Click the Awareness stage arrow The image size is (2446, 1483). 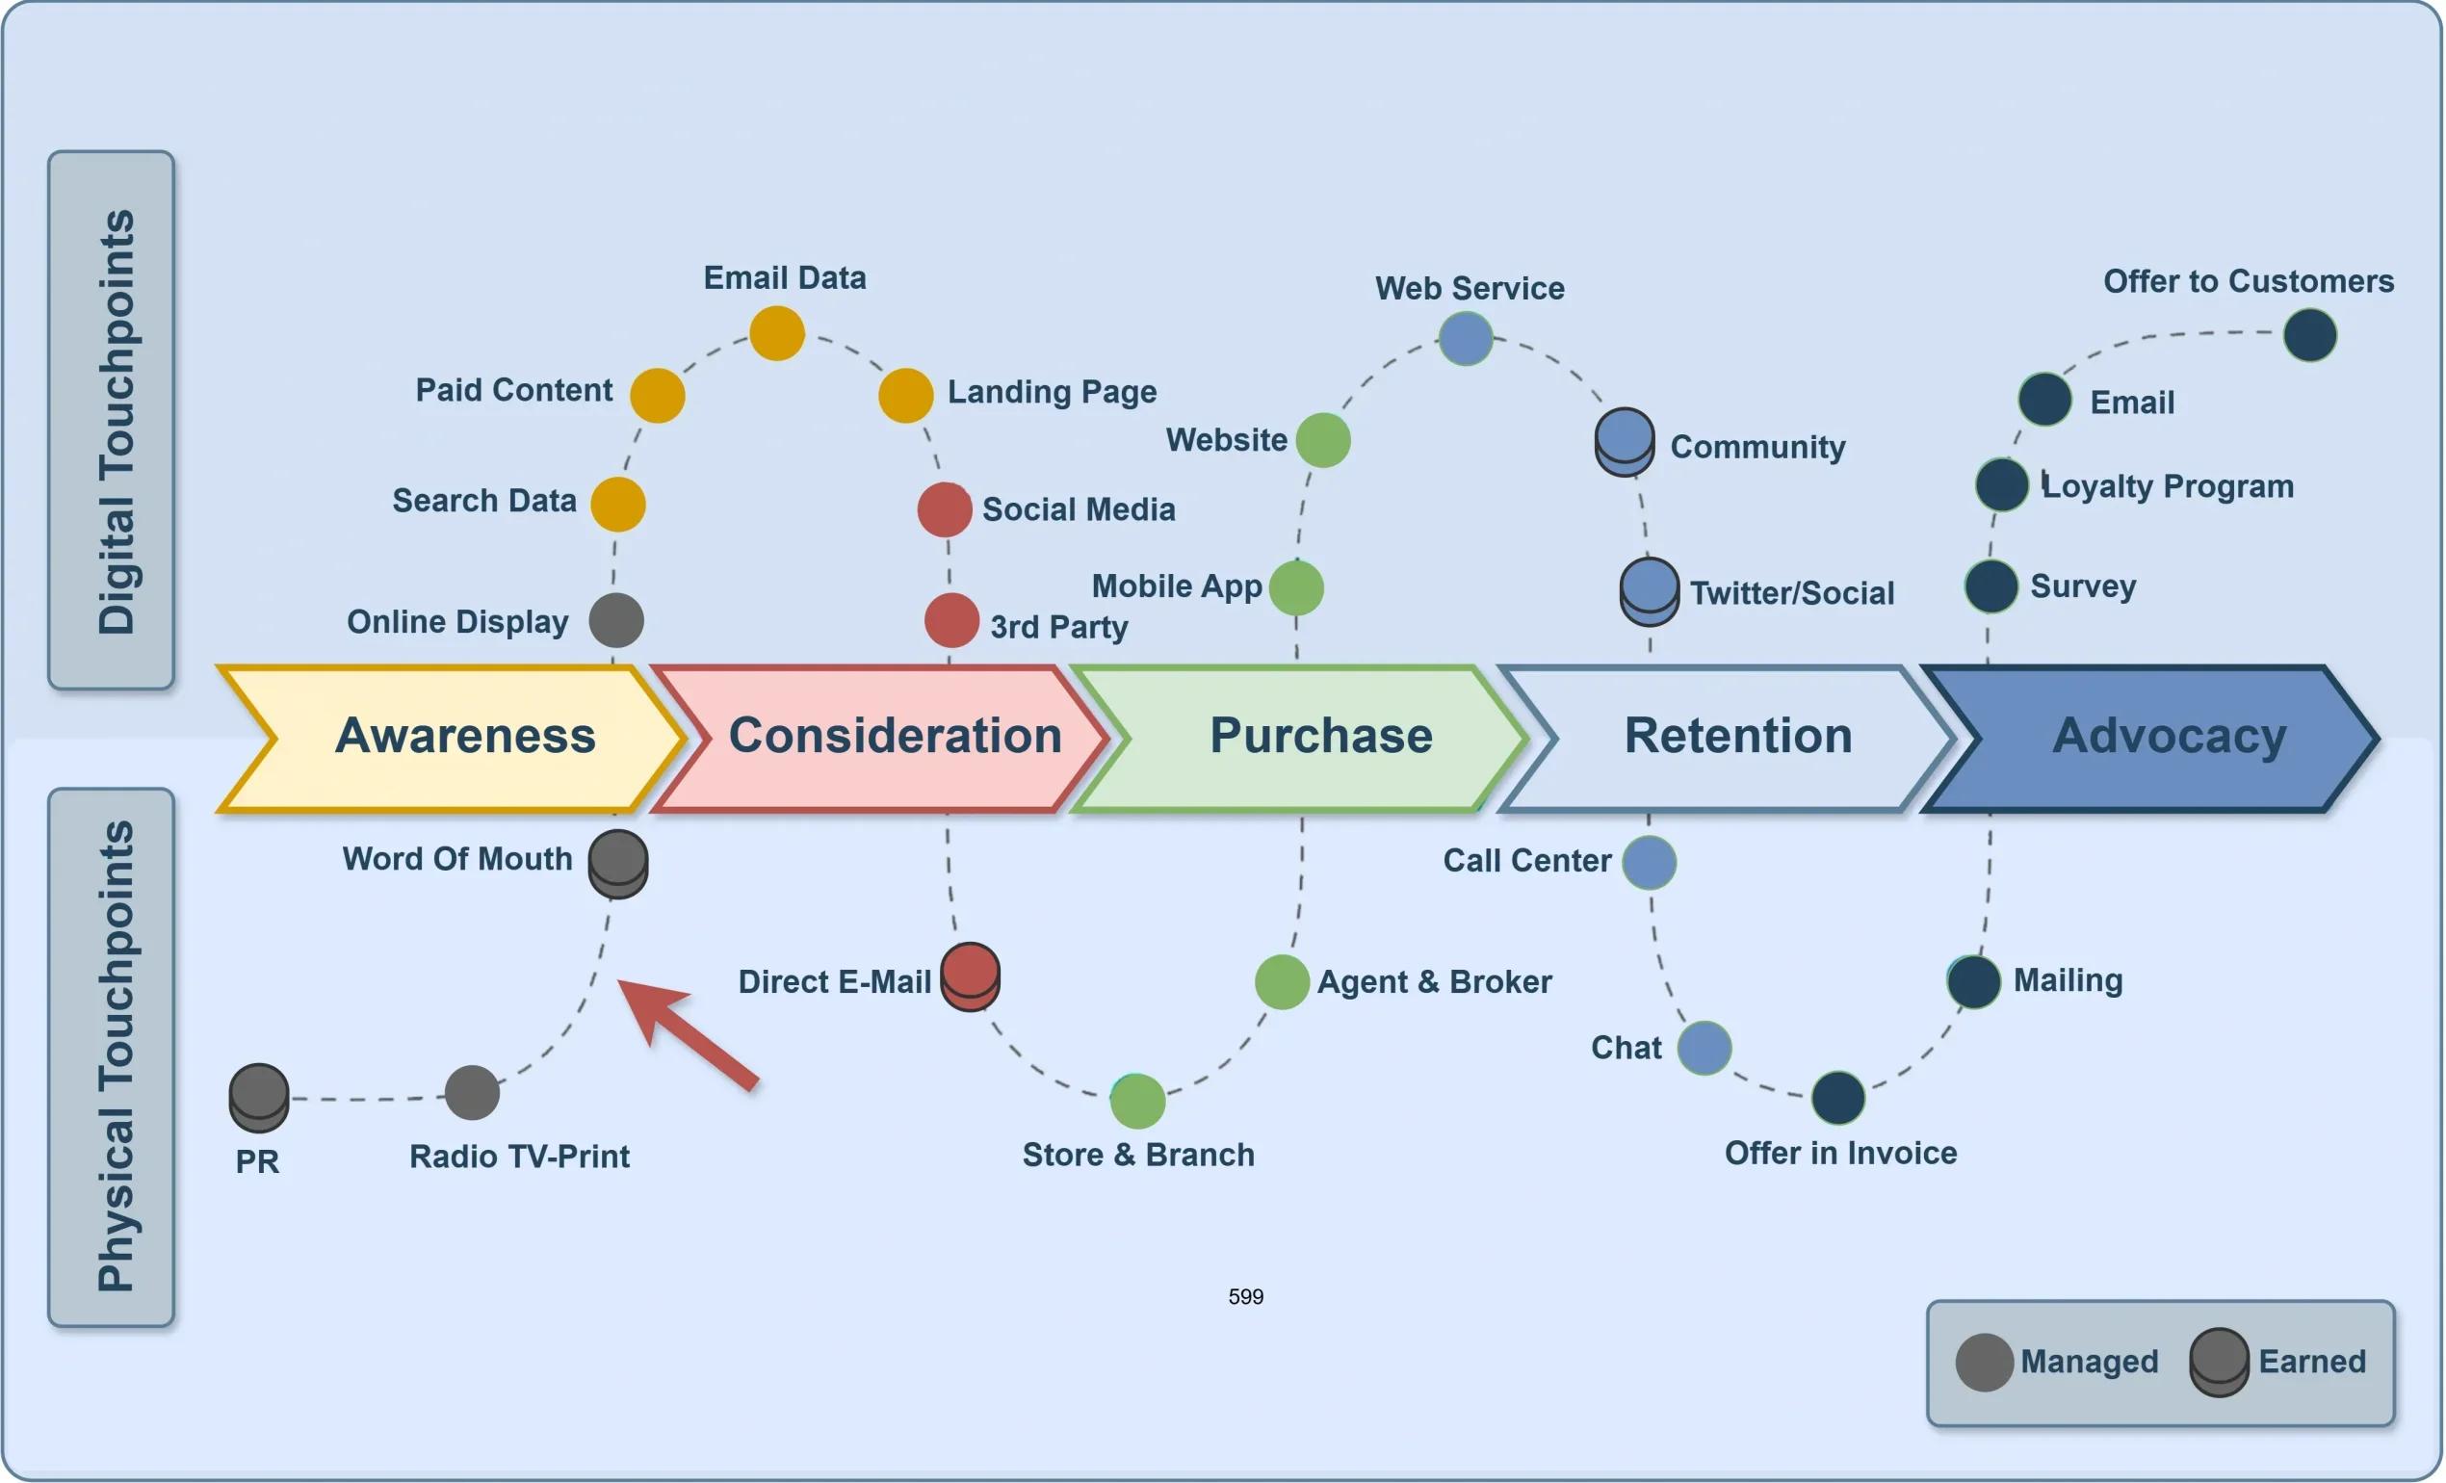pos(452,738)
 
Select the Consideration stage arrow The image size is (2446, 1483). pos(883,738)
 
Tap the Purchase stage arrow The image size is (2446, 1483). pos(1311,738)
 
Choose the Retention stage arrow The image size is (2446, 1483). pos(1732,738)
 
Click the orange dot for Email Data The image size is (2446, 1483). pos(776,332)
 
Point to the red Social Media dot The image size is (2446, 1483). pos(944,509)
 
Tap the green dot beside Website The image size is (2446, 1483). pos(1323,440)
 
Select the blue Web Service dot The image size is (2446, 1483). pos(1466,338)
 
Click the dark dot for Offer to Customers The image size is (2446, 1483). pos(2310,335)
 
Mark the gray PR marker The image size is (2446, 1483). pos(259,1097)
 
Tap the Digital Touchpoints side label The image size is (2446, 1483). pos(112,420)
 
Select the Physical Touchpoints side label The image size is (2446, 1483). pos(112,1057)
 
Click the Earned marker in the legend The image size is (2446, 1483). pos(2219,1362)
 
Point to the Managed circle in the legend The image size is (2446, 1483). pos(1984,1362)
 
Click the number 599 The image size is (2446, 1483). pos(1246,1296)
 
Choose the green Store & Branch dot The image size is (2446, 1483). pos(1137,1101)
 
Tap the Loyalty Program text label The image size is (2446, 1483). pos(2168,486)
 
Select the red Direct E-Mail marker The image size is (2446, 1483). pos(970,976)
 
